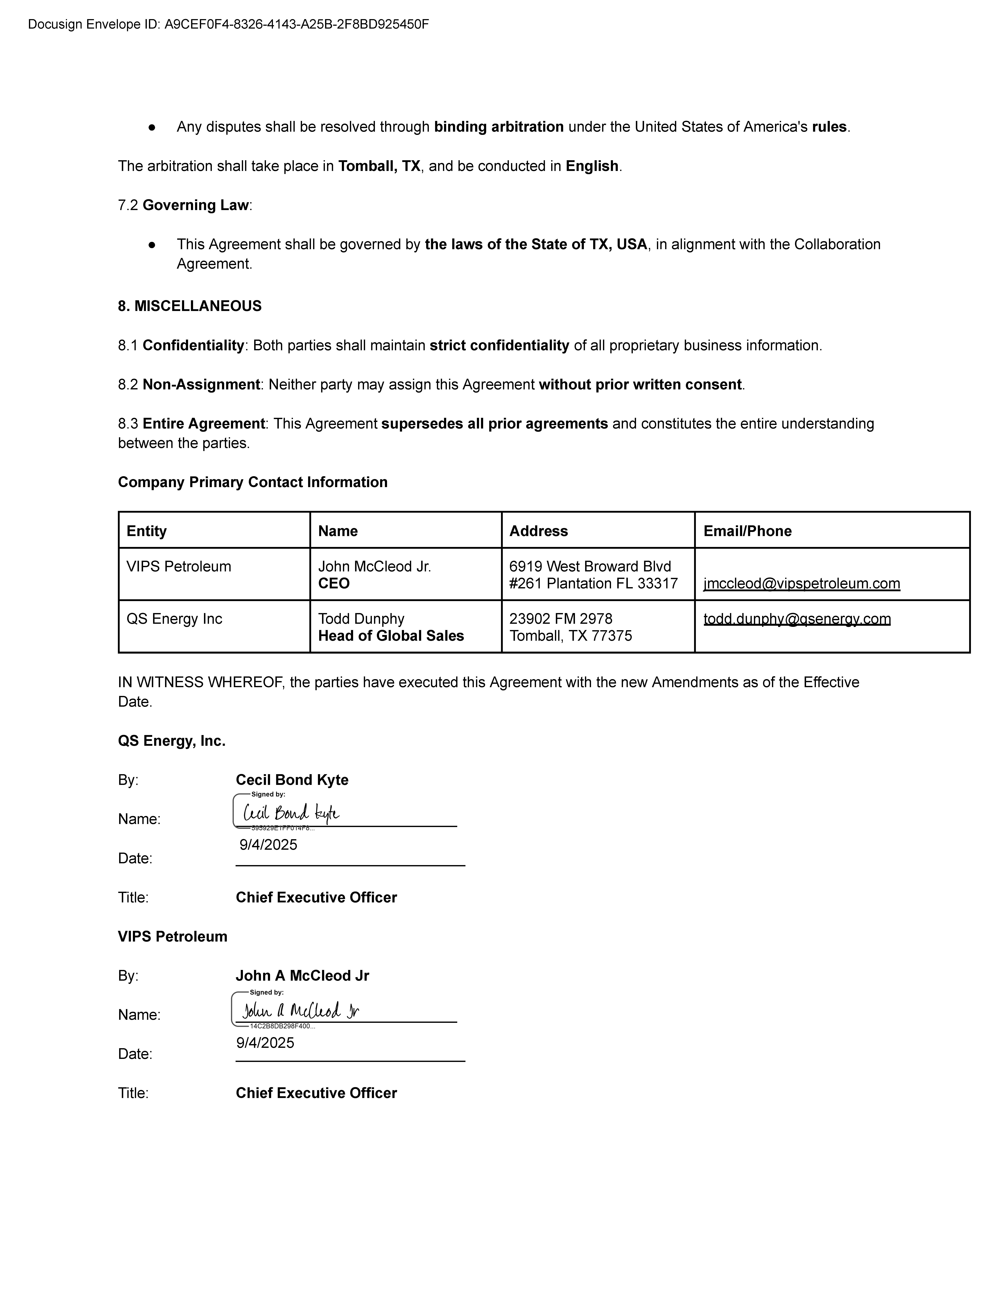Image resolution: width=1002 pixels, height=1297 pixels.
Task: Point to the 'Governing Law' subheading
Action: tap(195, 205)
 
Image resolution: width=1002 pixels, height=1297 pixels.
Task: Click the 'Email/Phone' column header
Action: tap(747, 531)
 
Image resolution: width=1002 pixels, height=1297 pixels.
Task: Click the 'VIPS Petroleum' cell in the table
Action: tap(179, 567)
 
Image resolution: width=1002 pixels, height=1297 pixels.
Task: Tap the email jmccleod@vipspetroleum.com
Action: tap(801, 584)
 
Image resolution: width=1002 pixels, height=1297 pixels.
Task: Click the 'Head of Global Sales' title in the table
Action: tap(391, 636)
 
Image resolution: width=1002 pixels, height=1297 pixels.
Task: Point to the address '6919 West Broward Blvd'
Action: tap(590, 567)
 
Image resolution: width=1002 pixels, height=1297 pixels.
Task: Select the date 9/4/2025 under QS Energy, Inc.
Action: tap(268, 845)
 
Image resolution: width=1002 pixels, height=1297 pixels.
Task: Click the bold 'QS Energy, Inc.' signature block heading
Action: tap(172, 741)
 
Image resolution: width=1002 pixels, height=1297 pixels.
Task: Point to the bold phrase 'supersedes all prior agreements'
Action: tap(494, 424)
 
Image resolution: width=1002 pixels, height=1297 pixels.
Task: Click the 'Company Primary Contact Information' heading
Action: tap(252, 482)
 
